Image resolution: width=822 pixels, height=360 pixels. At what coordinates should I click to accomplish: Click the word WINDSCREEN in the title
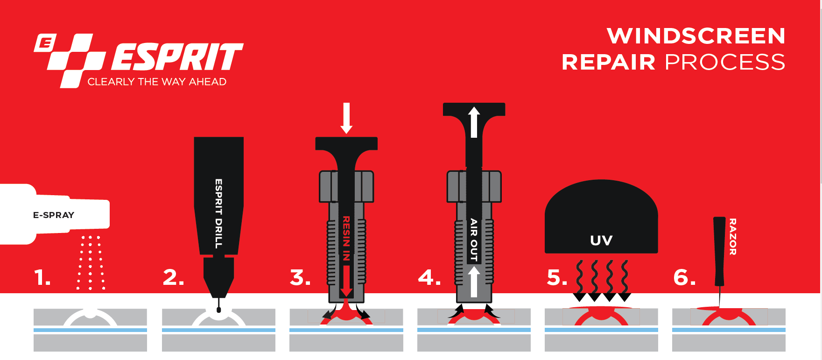[x=696, y=36]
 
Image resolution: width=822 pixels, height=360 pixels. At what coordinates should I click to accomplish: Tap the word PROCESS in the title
[x=725, y=62]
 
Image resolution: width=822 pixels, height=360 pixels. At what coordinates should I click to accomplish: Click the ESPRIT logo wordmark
[x=177, y=57]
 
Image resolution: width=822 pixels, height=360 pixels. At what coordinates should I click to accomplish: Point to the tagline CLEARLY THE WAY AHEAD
[x=157, y=82]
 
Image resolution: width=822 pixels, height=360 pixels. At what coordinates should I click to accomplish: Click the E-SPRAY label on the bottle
[x=54, y=215]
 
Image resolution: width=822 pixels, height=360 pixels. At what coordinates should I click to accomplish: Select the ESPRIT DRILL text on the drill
[x=218, y=213]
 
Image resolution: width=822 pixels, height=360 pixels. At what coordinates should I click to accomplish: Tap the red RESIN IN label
[x=346, y=238]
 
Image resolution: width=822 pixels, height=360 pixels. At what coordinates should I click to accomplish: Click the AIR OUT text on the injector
[x=474, y=240]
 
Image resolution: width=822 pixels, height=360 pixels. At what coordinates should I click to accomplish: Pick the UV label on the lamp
[x=601, y=240]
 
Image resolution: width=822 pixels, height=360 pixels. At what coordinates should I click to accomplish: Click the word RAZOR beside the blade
[x=733, y=237]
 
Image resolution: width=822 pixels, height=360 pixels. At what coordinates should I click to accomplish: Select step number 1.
[x=42, y=278]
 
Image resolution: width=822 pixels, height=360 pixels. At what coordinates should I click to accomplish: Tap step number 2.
[x=173, y=278]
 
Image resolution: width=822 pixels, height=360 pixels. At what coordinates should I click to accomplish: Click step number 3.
[x=300, y=278]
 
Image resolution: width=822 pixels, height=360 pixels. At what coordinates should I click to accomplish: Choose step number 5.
[x=557, y=278]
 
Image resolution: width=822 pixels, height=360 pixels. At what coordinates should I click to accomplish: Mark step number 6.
[x=684, y=278]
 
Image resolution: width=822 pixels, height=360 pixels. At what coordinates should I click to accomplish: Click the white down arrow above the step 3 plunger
[x=346, y=118]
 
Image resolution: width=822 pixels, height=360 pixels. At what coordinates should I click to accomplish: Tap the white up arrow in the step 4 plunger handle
[x=474, y=122]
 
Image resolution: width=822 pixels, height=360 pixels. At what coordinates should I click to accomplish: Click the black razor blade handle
[x=719, y=251]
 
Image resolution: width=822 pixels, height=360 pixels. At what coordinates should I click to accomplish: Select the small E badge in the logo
[x=45, y=43]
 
